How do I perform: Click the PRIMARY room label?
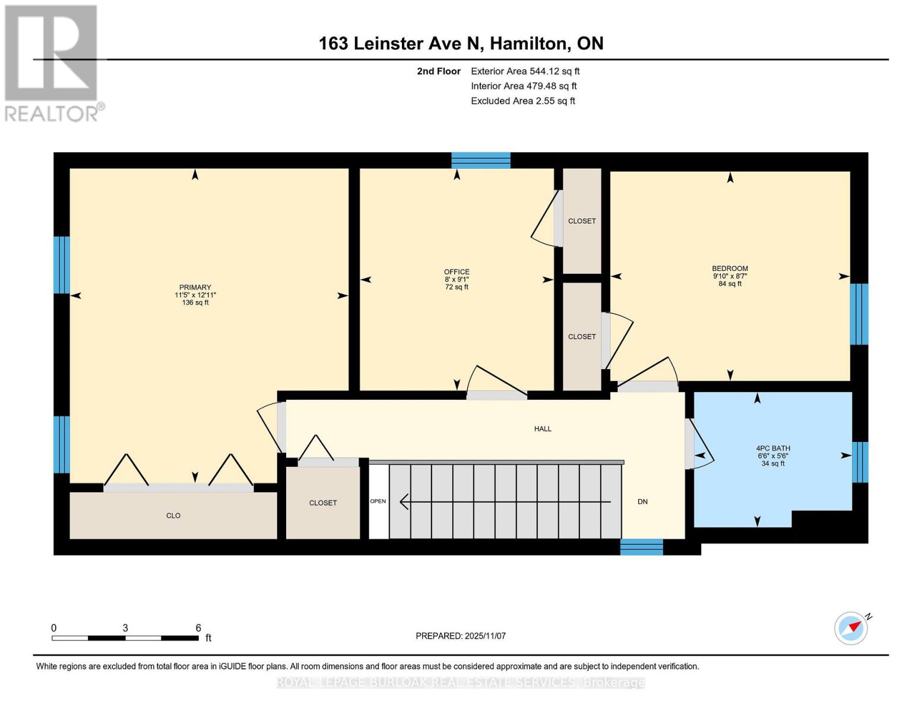point(195,288)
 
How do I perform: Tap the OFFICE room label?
point(457,272)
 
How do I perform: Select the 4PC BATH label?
point(772,449)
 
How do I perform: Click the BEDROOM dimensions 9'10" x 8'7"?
point(730,276)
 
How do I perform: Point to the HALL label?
point(543,429)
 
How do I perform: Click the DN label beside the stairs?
point(642,502)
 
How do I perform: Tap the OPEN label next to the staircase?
point(378,501)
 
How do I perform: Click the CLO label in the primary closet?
point(173,516)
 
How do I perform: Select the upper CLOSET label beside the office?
point(582,221)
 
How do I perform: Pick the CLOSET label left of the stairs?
point(323,503)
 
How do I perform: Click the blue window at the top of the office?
point(481,160)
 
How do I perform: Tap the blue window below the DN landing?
point(641,547)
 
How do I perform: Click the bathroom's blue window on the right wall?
point(860,462)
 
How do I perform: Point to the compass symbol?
point(851,628)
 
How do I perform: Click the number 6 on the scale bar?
point(198,628)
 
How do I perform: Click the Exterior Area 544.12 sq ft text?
point(525,71)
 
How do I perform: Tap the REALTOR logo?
point(52,62)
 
